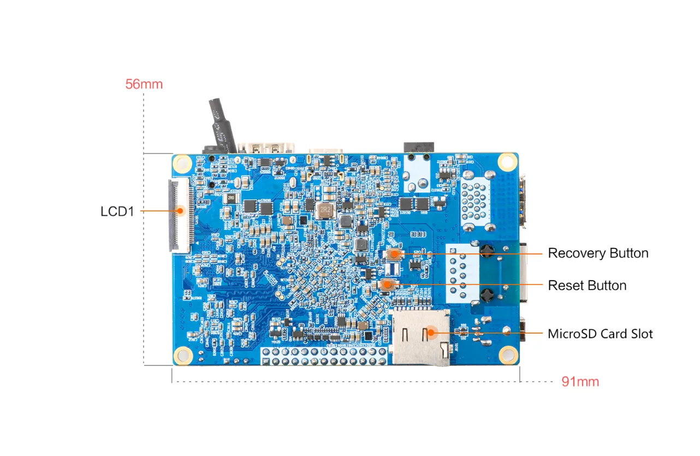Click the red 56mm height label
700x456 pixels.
click(144, 84)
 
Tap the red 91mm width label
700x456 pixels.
click(580, 382)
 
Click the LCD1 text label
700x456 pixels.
click(117, 211)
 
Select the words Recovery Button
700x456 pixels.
click(598, 253)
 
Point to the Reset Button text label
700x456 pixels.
click(587, 286)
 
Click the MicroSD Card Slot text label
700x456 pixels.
click(600, 334)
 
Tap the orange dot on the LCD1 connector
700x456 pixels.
click(180, 209)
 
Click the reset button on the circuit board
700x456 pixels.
click(387, 284)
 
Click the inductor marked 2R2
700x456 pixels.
click(326, 209)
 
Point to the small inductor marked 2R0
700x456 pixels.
click(232, 198)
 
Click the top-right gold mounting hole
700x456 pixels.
click(507, 161)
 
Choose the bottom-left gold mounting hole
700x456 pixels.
click(184, 355)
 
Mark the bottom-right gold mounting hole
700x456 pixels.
click(508, 354)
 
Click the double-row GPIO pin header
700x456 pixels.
click(325, 357)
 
